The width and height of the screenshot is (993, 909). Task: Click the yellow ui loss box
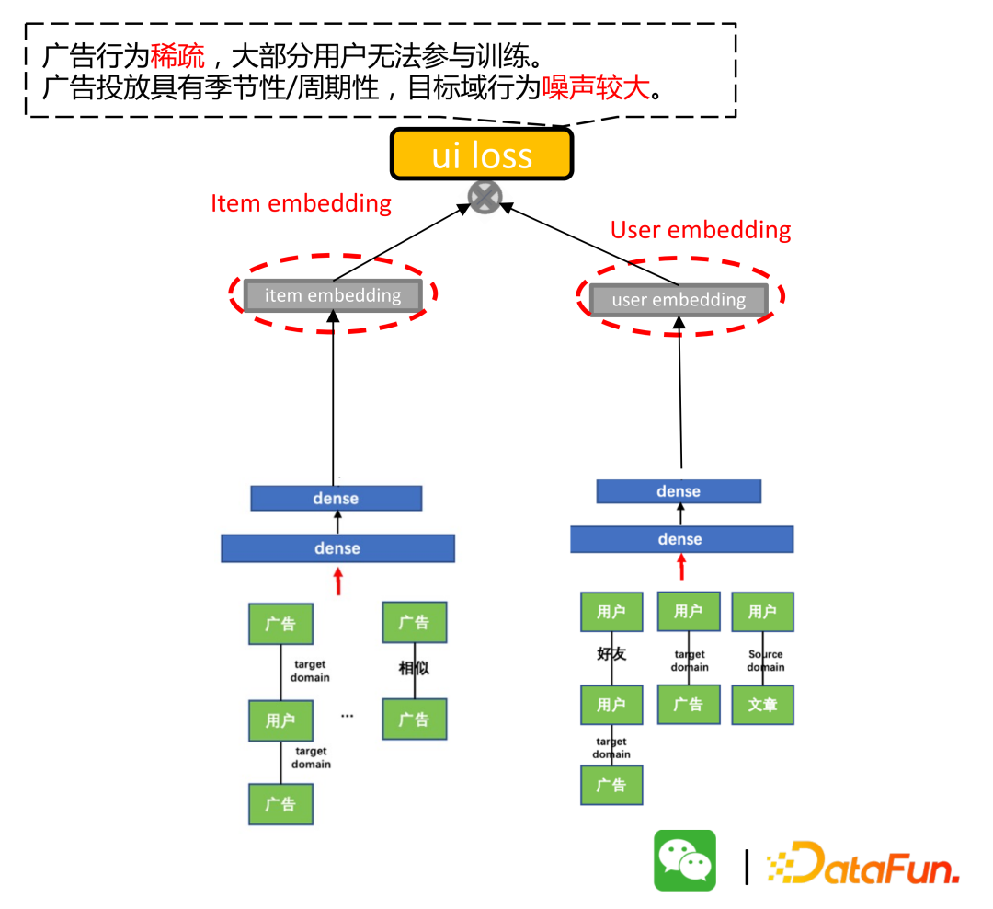482,154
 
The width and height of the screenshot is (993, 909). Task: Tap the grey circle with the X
485,198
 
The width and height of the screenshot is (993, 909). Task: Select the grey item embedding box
333,295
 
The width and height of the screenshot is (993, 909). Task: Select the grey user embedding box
679,300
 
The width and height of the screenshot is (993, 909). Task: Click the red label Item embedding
301,203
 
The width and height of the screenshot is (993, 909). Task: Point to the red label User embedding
701,230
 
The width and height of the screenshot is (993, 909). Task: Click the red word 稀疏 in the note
177,57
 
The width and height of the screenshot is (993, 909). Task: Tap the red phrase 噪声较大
596,88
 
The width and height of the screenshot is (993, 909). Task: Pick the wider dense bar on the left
337,548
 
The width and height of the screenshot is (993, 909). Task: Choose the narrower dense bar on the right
679,491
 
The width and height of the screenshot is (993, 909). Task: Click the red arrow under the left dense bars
338,581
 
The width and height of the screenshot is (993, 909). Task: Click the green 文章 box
762,705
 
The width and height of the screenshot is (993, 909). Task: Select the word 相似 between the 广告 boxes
414,668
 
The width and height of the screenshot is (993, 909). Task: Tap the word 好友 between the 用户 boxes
611,654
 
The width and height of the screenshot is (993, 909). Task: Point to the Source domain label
766,661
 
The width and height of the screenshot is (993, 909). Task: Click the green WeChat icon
684,860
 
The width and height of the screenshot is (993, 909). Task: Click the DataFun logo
864,863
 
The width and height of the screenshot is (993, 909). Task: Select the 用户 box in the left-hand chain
280,720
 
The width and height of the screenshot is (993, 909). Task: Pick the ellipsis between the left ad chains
347,715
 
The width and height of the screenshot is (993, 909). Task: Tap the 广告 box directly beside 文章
689,705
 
